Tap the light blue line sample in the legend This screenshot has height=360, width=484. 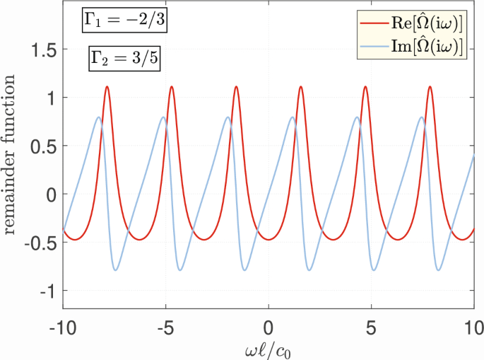pyautogui.click(x=375, y=47)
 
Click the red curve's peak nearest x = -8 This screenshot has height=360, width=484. pyautogui.click(x=107, y=87)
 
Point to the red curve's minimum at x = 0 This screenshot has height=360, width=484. pyautogui.click(x=268, y=240)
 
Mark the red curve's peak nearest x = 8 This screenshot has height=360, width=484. pyautogui.click(x=430, y=87)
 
